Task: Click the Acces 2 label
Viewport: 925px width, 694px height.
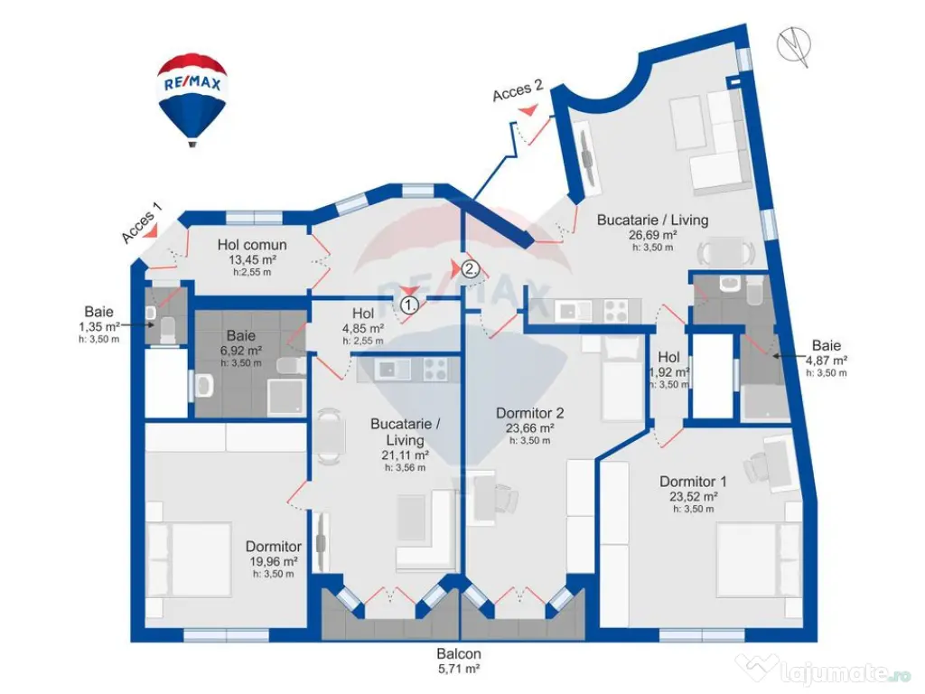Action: pos(518,91)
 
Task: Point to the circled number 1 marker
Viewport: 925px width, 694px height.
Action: pos(410,305)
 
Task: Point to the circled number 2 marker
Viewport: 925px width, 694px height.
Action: pos(470,268)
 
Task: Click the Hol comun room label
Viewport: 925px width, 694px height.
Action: pos(252,245)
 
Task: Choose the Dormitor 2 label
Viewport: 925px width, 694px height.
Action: pos(529,413)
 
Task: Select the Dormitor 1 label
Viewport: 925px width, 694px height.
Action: pos(693,482)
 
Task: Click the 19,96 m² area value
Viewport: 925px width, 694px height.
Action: pos(274,561)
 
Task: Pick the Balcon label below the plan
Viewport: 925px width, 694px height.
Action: pos(459,654)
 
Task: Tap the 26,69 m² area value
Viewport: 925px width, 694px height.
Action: pos(652,234)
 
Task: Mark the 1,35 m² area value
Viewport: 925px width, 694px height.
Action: pos(99,326)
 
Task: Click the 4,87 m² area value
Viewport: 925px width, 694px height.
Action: pos(826,360)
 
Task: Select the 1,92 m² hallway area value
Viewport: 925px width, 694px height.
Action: pos(668,371)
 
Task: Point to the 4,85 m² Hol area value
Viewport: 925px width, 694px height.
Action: pos(362,328)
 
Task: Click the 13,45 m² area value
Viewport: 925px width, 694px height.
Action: pos(252,259)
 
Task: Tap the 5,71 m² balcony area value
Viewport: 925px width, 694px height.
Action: pos(459,670)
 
